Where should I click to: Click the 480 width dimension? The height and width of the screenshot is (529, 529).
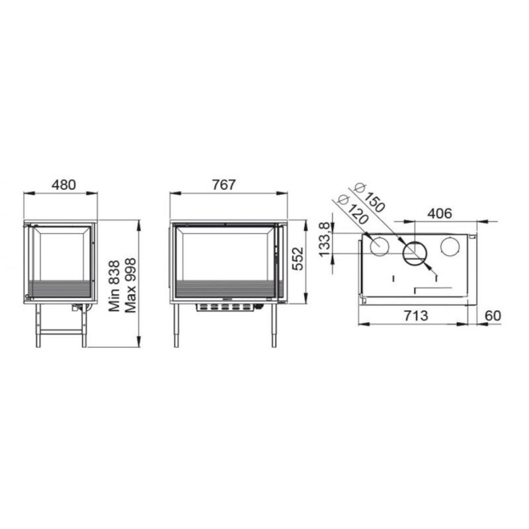pyautogui.click(x=63, y=185)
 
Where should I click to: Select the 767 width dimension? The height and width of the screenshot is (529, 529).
pyautogui.click(x=224, y=185)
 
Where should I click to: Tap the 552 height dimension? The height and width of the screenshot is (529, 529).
pyautogui.click(x=298, y=259)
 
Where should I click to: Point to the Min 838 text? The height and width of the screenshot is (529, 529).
pyautogui.click(x=114, y=286)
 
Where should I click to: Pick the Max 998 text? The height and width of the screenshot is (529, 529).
pyautogui.click(x=130, y=286)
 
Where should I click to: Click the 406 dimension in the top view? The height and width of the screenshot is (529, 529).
pyautogui.click(x=440, y=213)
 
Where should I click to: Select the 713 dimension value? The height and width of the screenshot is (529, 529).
pyautogui.click(x=416, y=316)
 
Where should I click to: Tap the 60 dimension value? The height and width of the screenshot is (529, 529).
pyautogui.click(x=493, y=316)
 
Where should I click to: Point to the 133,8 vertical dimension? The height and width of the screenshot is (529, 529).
pyautogui.click(x=324, y=239)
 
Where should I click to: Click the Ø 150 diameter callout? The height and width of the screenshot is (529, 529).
pyautogui.click(x=370, y=198)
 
